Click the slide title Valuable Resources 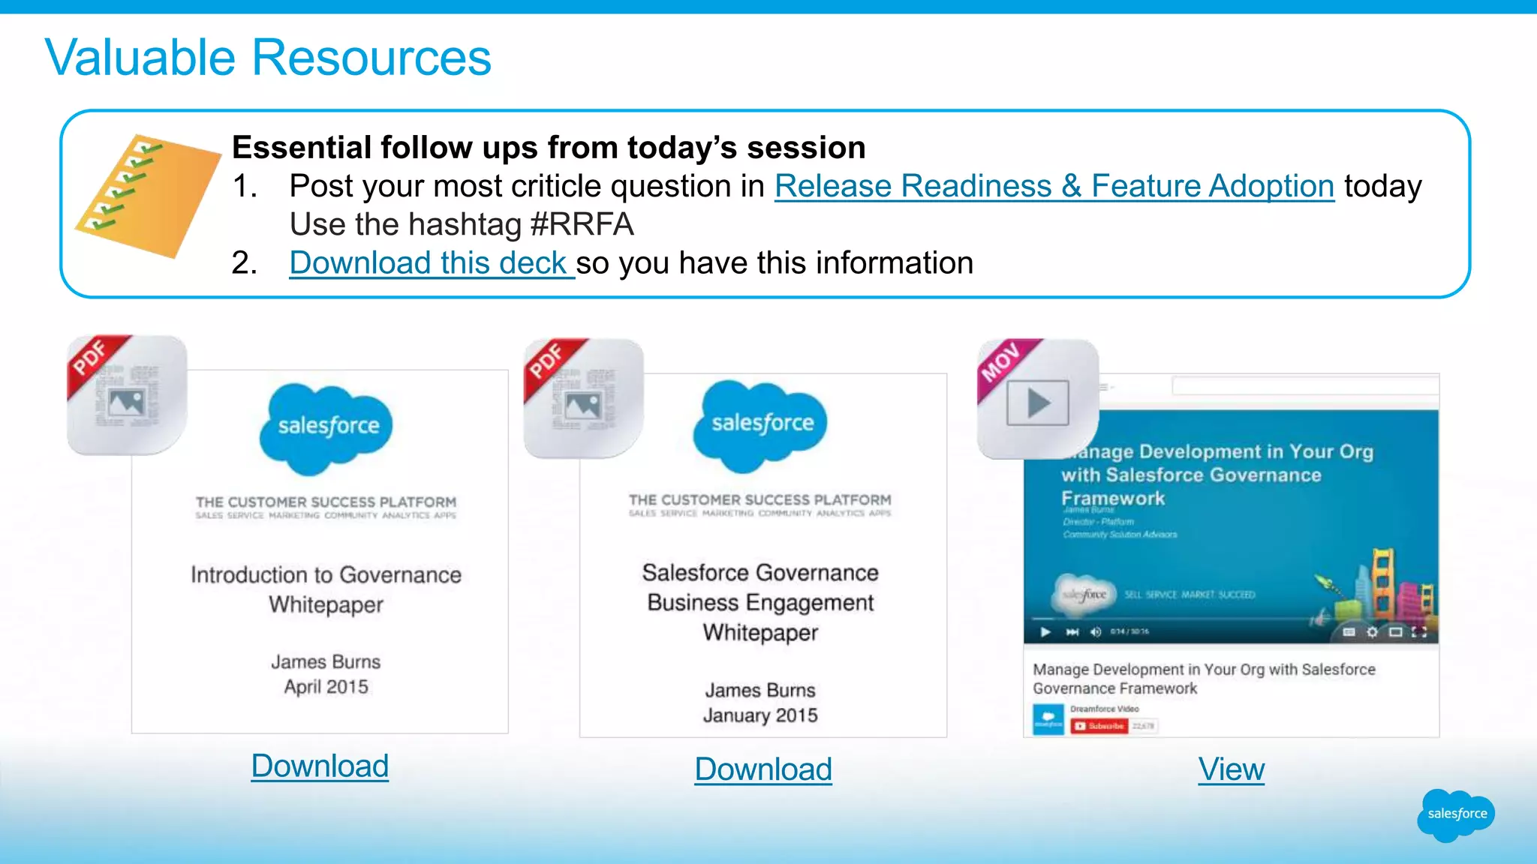(x=267, y=58)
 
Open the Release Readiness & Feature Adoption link (x=1054, y=186)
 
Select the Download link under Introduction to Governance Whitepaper (x=320, y=766)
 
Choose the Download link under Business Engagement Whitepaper (x=763, y=769)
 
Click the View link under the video (x=1231, y=769)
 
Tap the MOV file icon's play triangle (x=1038, y=403)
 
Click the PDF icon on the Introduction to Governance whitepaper (x=127, y=395)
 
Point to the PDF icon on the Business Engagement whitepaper (x=583, y=398)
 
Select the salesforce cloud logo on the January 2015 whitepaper (x=761, y=424)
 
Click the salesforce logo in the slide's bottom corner (x=1456, y=814)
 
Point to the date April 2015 (x=326, y=687)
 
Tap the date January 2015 (x=760, y=715)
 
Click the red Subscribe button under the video (x=1099, y=726)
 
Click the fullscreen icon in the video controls (x=1418, y=632)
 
